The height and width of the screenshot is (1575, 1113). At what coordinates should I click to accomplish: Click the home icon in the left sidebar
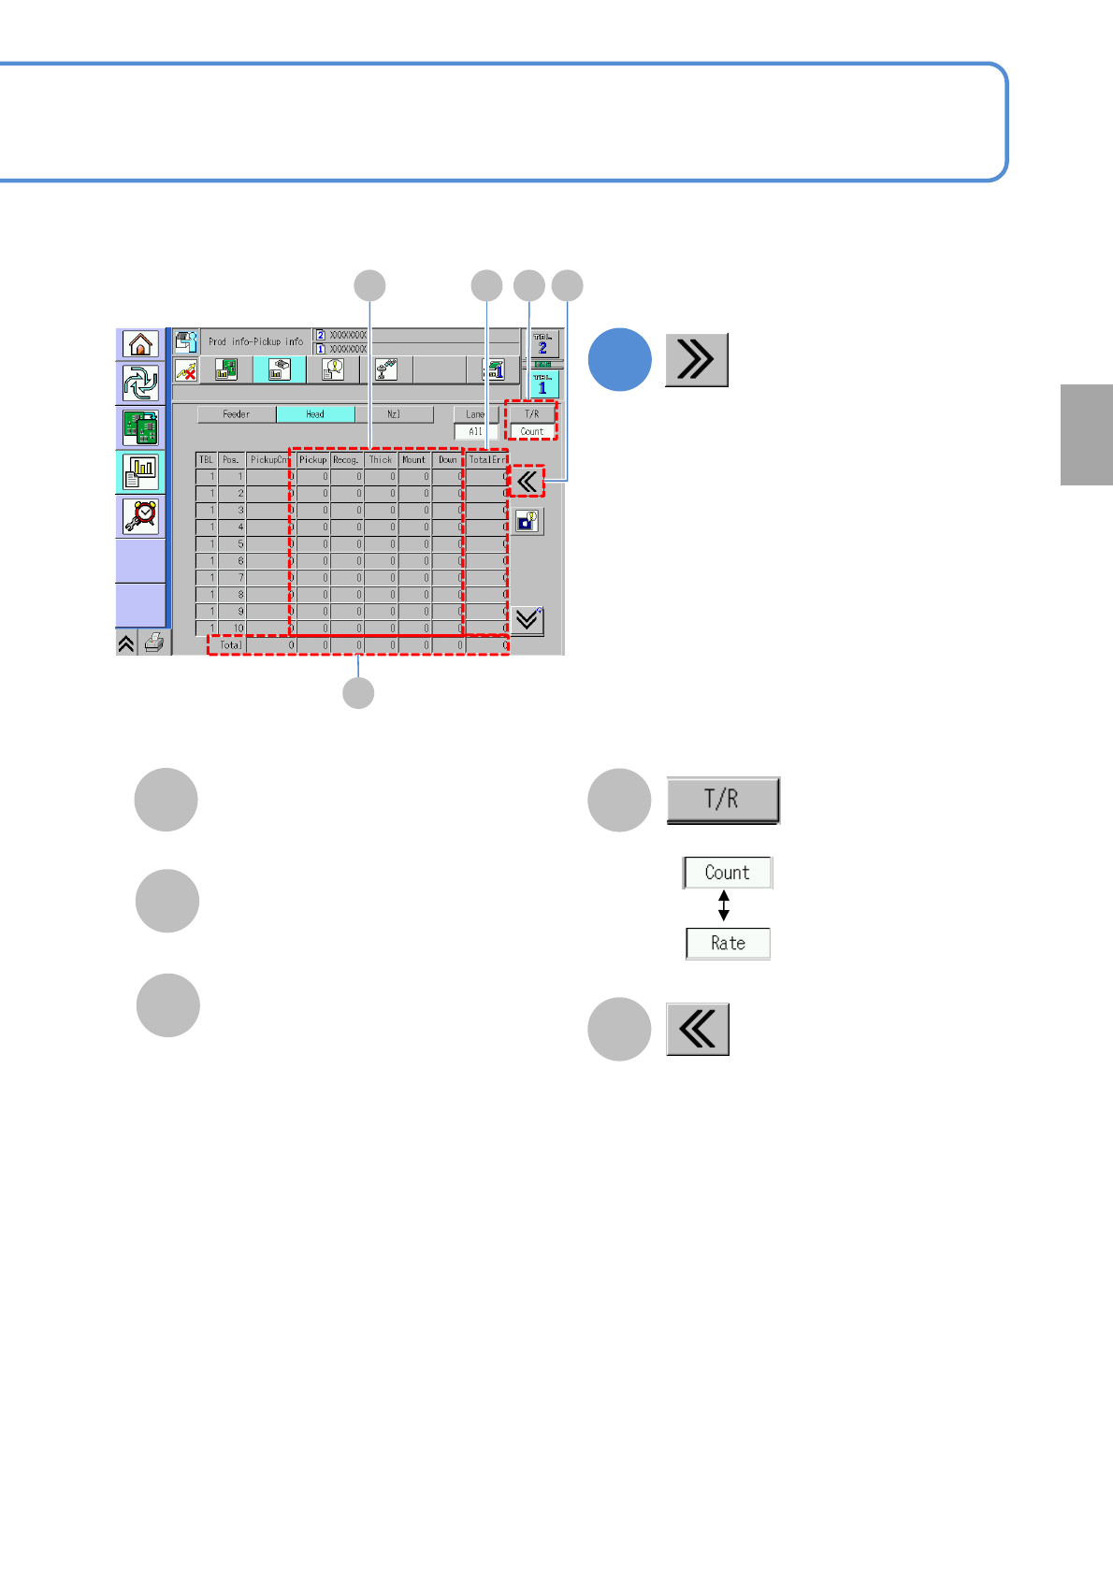pos(140,344)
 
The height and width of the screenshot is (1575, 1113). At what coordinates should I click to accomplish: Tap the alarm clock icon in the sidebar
pos(140,515)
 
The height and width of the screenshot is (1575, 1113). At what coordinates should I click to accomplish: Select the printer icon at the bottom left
pos(155,643)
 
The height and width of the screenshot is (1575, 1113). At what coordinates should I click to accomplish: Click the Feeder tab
pos(237,414)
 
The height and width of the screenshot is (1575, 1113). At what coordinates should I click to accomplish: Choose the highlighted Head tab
pos(315,414)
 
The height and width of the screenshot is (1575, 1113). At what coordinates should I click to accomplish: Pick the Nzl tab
pos(394,414)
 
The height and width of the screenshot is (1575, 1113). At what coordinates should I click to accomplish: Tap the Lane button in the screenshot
pos(475,414)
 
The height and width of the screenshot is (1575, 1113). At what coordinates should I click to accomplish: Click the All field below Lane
pos(475,431)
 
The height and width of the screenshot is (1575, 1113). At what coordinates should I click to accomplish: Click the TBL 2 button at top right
pos(542,343)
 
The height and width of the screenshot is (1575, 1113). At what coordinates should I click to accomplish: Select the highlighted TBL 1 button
pos(542,384)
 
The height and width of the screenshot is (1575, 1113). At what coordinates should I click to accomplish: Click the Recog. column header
pos(346,460)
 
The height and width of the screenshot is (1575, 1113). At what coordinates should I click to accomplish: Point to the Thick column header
pos(381,460)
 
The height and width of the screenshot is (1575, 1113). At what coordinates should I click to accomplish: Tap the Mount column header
pos(413,460)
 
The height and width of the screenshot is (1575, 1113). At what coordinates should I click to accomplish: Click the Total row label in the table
pos(230,644)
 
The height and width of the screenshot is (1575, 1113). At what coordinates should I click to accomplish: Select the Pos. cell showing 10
pos(232,629)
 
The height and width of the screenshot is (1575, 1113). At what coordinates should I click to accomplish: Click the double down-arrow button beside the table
pos(528,620)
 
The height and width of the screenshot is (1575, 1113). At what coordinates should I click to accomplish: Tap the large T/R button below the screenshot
pos(722,800)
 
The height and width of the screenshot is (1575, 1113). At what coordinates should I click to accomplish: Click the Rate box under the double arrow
pos(728,944)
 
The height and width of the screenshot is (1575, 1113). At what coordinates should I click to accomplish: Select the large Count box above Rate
pos(727,873)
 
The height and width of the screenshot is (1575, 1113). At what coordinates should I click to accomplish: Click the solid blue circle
pos(619,360)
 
